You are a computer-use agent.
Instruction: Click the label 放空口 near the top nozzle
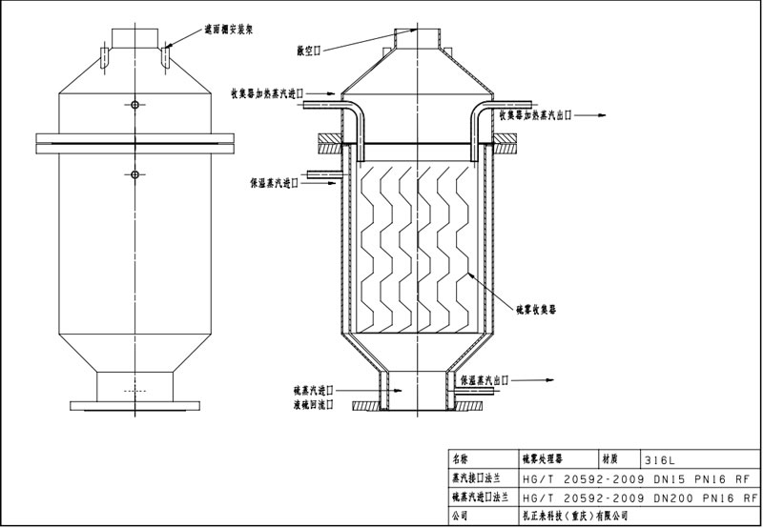click(x=311, y=47)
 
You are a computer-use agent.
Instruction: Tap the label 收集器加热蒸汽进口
click(x=266, y=93)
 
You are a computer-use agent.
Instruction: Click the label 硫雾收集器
click(x=536, y=309)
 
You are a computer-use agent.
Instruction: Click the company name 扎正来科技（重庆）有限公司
click(x=573, y=516)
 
